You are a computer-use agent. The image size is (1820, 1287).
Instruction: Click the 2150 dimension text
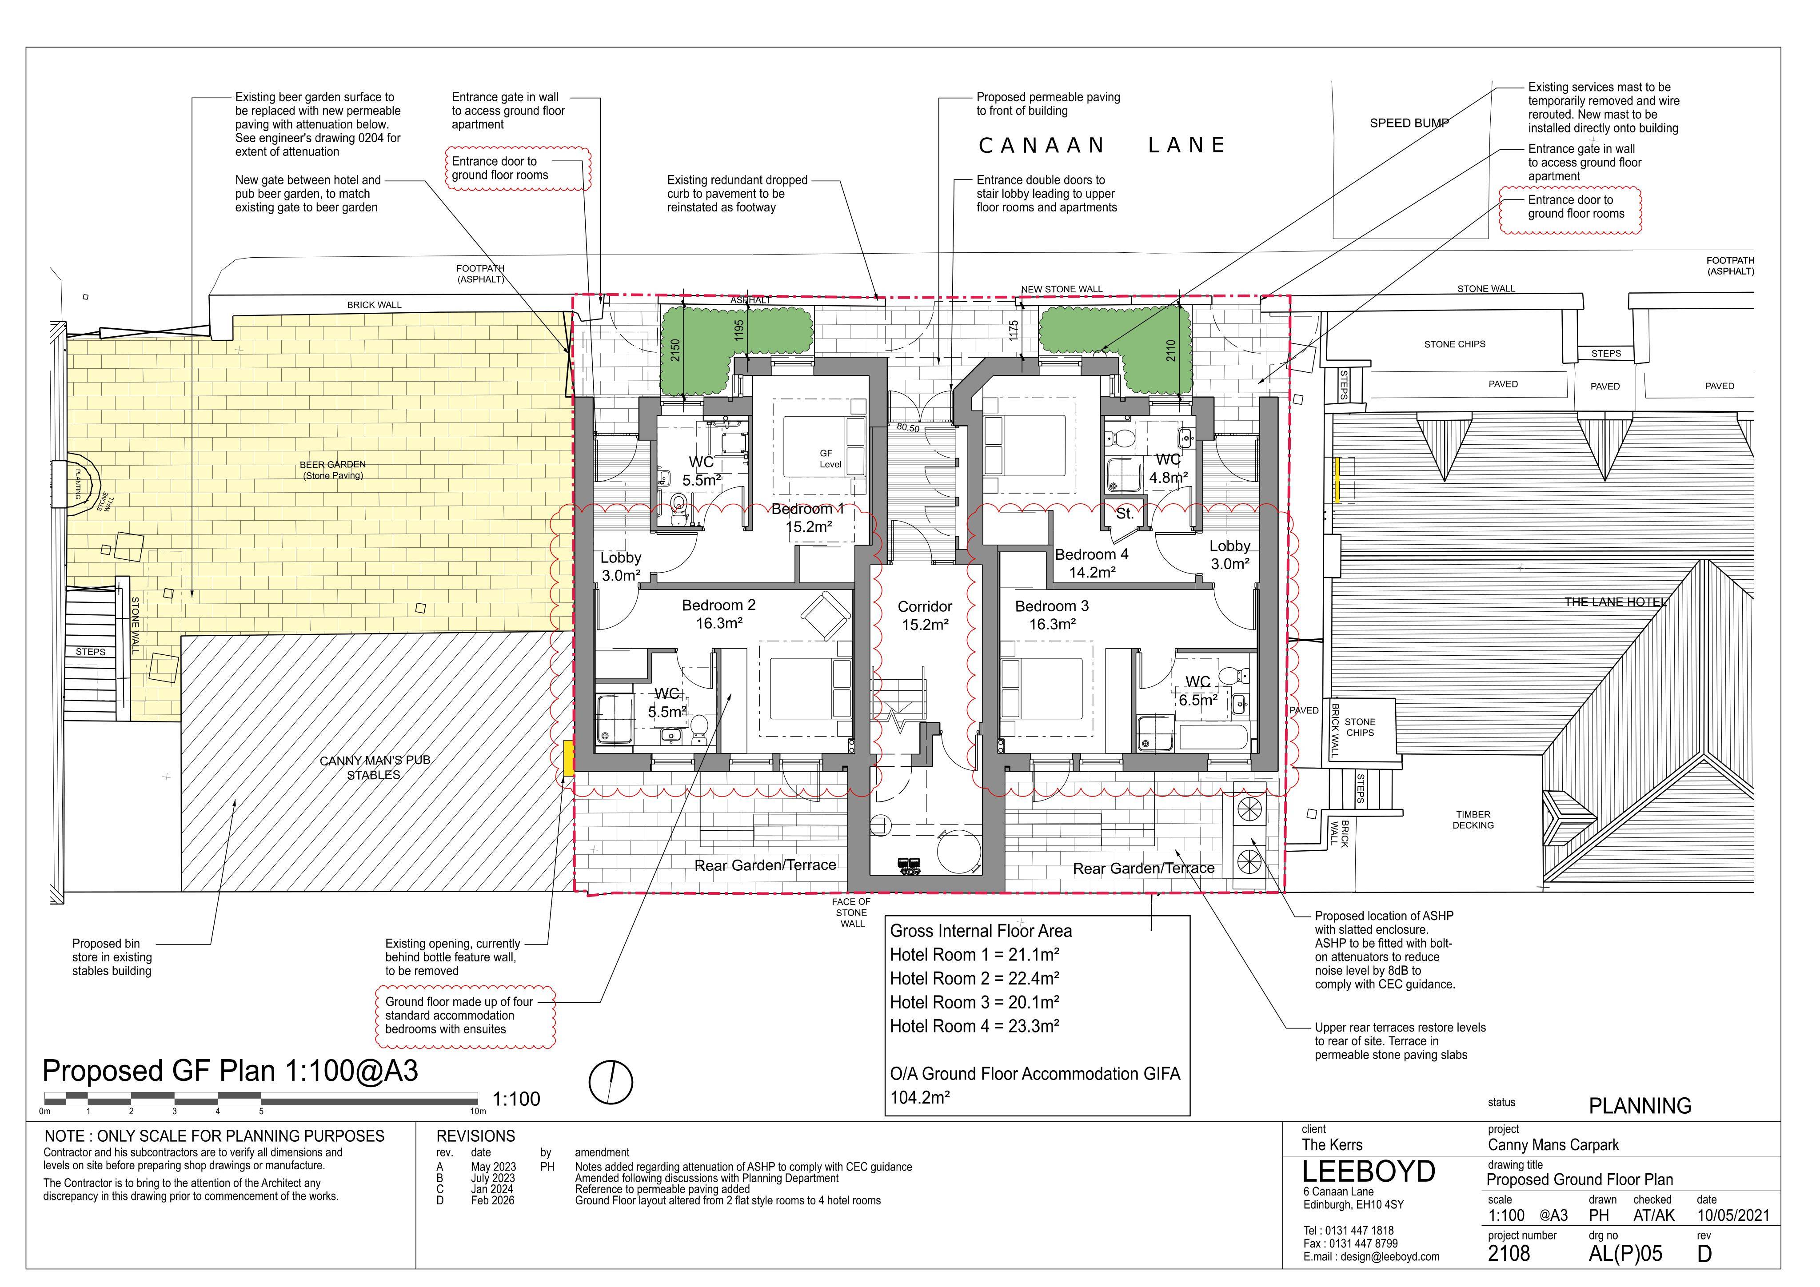coord(675,350)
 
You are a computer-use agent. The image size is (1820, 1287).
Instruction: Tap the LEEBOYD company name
coord(1369,1171)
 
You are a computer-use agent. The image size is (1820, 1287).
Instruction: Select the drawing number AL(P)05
coord(1625,1254)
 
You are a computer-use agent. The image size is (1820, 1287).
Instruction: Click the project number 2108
coord(1509,1254)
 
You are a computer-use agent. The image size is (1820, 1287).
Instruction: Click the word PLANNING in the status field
coord(1640,1105)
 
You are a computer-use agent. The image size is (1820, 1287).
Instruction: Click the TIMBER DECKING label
coord(1473,820)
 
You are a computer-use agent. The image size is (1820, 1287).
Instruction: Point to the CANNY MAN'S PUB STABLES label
coord(374,767)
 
